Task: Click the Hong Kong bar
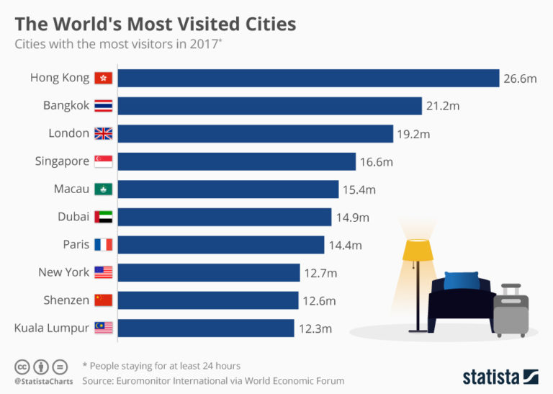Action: pos(308,78)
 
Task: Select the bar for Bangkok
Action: pos(269,106)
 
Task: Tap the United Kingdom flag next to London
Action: pos(104,133)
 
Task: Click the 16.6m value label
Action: pos(377,162)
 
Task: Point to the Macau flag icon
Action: pos(104,189)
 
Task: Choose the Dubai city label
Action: pos(73,217)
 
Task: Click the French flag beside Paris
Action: pos(104,245)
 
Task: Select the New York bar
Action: pos(209,272)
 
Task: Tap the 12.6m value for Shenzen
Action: pos(319,300)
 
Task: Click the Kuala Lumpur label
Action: pos(52,328)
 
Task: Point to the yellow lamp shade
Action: pos(417,250)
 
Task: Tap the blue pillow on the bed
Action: pos(461,279)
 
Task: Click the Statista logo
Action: pos(500,377)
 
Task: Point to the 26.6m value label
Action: pos(520,79)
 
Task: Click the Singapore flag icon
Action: pos(104,161)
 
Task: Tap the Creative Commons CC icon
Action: pos(22,366)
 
